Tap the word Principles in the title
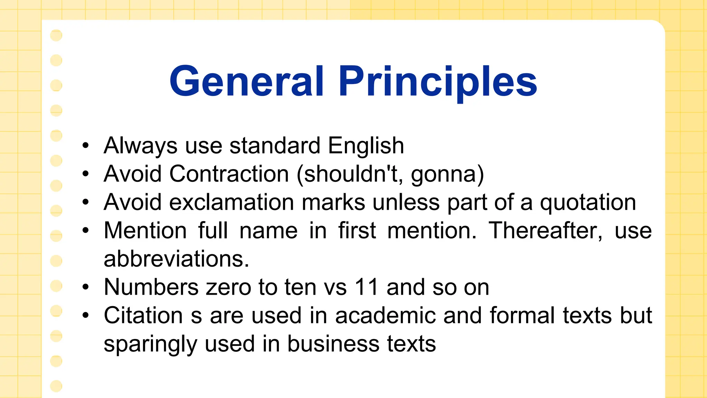[438, 82]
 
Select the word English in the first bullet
[366, 145]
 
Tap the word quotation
[588, 202]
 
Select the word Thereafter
[545, 230]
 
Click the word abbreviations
[176, 259]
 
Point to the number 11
[367, 287]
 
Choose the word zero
[228, 287]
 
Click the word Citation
[143, 315]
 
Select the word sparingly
[150, 344]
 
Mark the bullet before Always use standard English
[86, 145]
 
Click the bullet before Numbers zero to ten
[86, 287]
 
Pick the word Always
[141, 146]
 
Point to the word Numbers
[151, 287]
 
